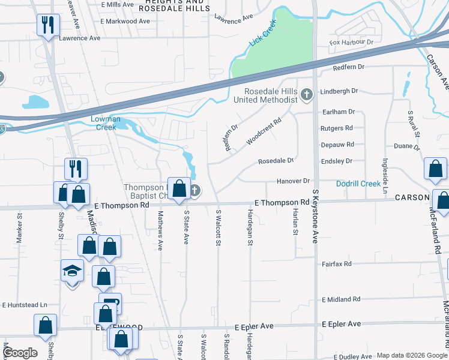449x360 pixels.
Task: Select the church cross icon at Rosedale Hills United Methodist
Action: pyautogui.click(x=307, y=94)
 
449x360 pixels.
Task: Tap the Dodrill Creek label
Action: pyautogui.click(x=358, y=184)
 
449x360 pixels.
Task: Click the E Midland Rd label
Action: pyautogui.click(x=341, y=299)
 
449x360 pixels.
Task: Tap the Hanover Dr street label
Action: pyautogui.click(x=292, y=181)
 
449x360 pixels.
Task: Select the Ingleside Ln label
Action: pyautogui.click(x=385, y=175)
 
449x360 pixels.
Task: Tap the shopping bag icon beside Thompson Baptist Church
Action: pyautogui.click(x=179, y=189)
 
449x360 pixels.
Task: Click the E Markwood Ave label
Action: pyautogui.click(x=125, y=21)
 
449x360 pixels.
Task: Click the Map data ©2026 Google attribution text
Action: pyautogui.click(x=412, y=355)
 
